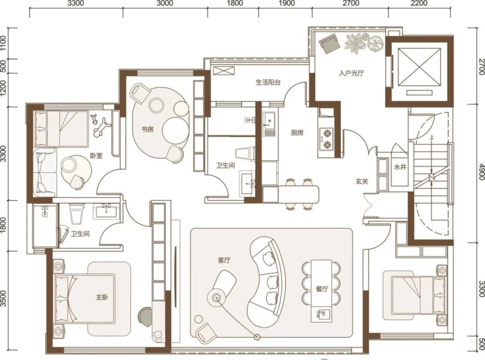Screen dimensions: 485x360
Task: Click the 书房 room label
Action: pos(147,129)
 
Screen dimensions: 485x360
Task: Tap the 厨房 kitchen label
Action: pos(297,133)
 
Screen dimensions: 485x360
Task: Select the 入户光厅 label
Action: pos(351,73)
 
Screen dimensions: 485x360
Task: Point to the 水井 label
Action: pos(400,167)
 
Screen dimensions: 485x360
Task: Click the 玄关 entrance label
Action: pos(362,182)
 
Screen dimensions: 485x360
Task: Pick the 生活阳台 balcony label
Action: pos(268,83)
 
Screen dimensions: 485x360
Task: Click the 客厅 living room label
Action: pos(224,260)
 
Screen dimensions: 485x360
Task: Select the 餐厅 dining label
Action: pos(322,289)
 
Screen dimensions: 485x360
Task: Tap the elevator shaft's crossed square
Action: pos(419,66)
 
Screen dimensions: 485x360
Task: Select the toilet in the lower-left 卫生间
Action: pos(77,213)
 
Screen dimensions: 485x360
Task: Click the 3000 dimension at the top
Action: pos(165,3)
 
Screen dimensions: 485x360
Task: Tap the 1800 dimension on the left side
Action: pos(3,225)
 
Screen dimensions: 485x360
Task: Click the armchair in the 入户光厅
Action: pos(330,43)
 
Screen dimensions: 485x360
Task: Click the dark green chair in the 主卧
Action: pos(145,316)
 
